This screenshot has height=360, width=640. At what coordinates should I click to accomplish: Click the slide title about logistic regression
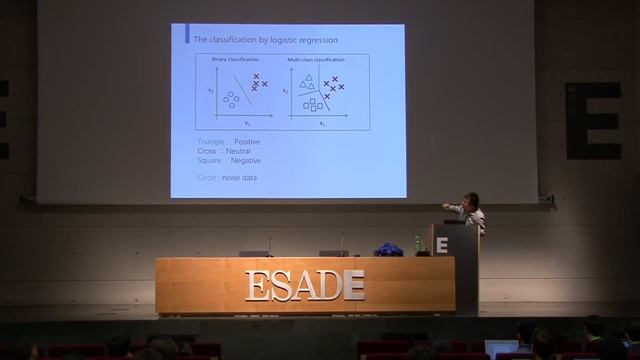(265, 40)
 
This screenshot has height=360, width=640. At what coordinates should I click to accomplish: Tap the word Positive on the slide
(246, 142)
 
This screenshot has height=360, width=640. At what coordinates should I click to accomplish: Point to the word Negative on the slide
(245, 160)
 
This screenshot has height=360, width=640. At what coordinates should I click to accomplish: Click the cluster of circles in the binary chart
(231, 99)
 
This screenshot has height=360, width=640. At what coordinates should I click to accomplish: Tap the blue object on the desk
(388, 250)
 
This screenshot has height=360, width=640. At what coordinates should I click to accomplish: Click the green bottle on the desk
(417, 245)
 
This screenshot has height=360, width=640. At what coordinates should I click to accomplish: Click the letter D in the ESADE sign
(328, 285)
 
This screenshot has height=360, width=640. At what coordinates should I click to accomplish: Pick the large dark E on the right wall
(593, 120)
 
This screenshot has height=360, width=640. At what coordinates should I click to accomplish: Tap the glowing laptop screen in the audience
(501, 348)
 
